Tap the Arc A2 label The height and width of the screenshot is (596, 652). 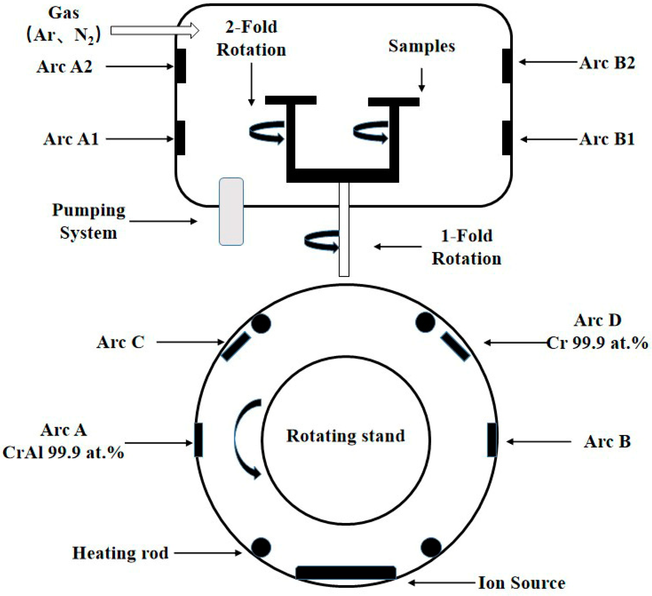[64, 67]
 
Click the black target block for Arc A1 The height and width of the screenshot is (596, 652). [181, 138]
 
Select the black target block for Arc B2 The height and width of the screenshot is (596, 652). [507, 66]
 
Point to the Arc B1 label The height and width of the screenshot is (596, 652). [607, 139]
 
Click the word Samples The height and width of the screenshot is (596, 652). [422, 46]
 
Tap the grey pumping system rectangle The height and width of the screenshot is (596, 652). [231, 211]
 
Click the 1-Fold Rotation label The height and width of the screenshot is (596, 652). [466, 247]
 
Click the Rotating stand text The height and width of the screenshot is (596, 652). [345, 436]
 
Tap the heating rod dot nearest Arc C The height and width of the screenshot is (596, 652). [261, 323]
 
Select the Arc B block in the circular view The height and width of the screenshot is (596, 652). [492, 440]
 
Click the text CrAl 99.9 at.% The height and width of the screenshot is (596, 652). [63, 452]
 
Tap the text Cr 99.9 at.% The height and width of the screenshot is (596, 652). [597, 343]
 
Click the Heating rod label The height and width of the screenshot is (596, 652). [120, 553]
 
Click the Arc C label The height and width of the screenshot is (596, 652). [120, 342]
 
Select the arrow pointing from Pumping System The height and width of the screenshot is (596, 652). [163, 221]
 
